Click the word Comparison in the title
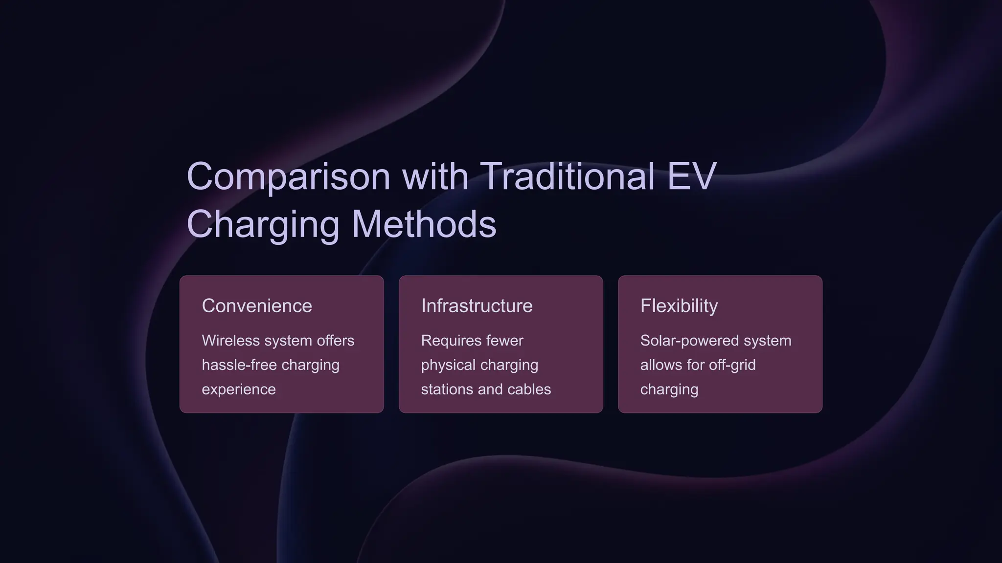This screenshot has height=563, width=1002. [x=288, y=176]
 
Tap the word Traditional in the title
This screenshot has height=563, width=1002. [x=567, y=176]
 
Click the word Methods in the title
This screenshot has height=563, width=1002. [x=424, y=224]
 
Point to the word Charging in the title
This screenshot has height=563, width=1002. [x=263, y=224]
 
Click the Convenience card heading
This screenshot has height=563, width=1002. [x=257, y=306]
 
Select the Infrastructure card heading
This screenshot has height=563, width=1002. [x=477, y=306]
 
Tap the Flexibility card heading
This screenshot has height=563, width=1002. [x=679, y=306]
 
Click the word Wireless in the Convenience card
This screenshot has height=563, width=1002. [x=230, y=341]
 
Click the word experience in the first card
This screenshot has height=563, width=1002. [x=239, y=390]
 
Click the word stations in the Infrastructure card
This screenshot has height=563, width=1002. [x=447, y=390]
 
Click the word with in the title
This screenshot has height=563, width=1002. [x=435, y=176]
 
